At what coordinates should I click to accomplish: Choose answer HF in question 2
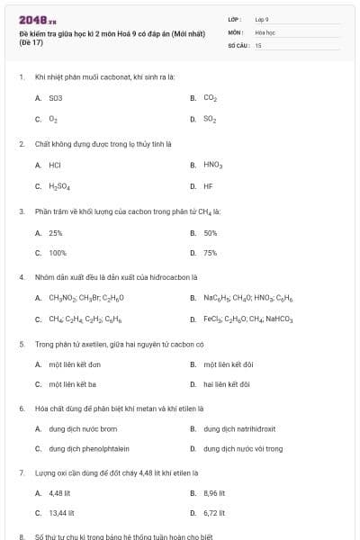(208, 186)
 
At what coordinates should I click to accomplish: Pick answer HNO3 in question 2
(212, 165)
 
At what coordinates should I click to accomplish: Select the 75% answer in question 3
(211, 253)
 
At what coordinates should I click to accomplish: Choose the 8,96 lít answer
(214, 493)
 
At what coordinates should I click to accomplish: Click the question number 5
(22, 344)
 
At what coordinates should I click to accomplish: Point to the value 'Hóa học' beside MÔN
(265, 31)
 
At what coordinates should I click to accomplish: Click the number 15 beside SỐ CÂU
(258, 44)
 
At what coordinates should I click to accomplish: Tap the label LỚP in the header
(235, 19)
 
